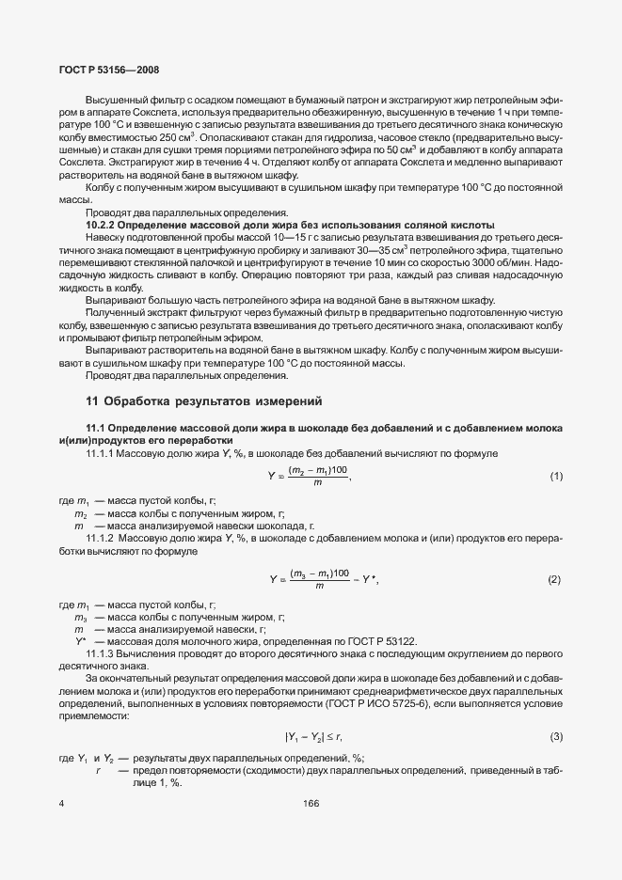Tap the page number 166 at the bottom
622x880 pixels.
pyautogui.click(x=311, y=803)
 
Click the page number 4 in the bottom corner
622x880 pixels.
pyautogui.click(x=61, y=803)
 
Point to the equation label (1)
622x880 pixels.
pyautogui.click(x=556, y=477)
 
